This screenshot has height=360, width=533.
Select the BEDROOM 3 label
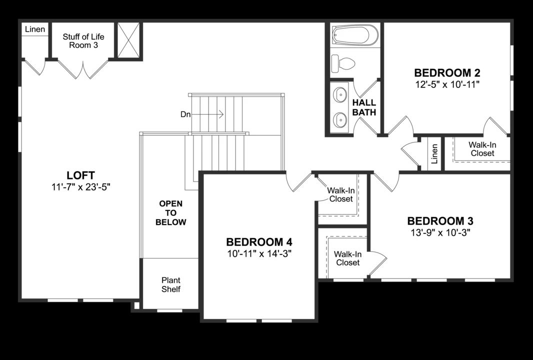click(440, 221)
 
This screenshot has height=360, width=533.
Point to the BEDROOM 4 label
click(258, 241)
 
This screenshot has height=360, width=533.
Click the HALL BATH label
click(364, 107)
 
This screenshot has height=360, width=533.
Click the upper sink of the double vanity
click(340, 94)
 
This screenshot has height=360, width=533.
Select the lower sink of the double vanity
click(340, 119)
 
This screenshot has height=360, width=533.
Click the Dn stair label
click(185, 114)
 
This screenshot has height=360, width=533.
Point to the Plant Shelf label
click(170, 285)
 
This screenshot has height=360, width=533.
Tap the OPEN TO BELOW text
click(170, 213)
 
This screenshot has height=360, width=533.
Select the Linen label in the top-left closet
click(35, 29)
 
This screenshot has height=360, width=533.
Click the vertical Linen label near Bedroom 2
click(434, 153)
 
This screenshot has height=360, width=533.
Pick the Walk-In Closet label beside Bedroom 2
click(482, 149)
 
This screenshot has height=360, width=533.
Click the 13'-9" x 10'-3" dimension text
click(440, 233)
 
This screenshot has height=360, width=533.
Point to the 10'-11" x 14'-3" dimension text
click(258, 253)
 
